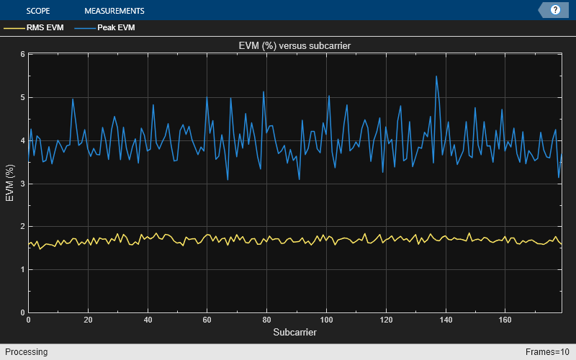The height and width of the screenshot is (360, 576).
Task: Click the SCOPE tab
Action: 37,11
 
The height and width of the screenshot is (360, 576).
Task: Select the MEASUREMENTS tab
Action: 114,11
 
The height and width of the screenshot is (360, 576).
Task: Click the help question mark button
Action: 555,10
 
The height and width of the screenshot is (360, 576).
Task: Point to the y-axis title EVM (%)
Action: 10,183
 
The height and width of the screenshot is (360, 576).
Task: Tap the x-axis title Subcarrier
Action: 294,333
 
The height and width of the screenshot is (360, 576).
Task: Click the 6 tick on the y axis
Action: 23,54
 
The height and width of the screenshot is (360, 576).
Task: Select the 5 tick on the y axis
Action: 23,97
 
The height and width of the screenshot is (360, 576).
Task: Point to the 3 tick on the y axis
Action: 23,184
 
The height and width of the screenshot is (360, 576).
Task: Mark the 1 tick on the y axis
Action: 23,270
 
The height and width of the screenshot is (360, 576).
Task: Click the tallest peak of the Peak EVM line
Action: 436,76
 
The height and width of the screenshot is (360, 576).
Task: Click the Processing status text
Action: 25,352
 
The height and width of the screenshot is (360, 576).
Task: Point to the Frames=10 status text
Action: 548,352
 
